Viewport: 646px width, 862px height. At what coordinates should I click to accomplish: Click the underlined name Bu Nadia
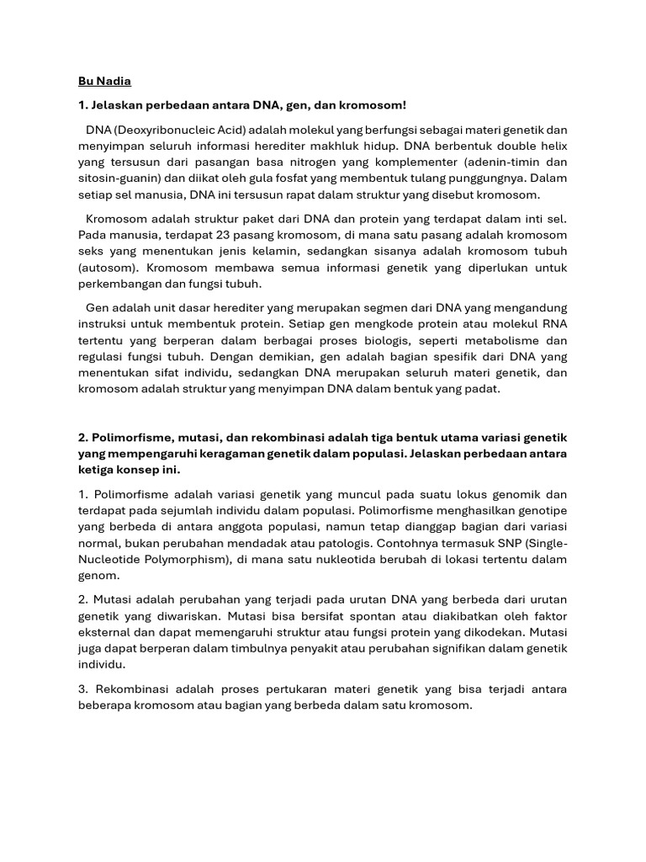105,82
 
